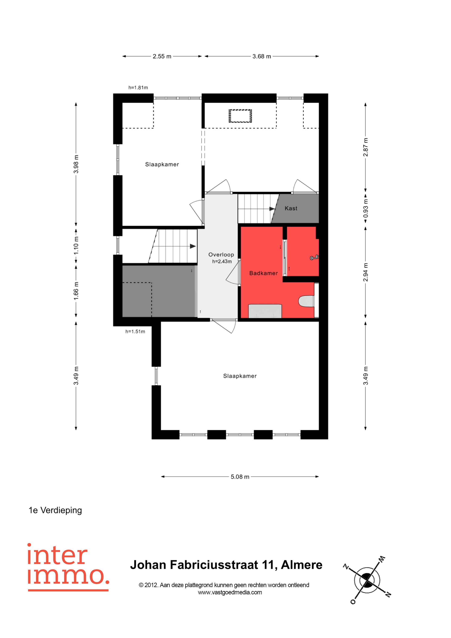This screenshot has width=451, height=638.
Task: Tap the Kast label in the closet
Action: coord(291,208)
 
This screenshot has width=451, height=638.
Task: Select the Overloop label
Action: coord(221,255)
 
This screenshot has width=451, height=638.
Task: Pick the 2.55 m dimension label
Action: coord(162,56)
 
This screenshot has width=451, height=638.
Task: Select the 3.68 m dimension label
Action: coord(261,56)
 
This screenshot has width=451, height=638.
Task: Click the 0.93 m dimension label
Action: coord(366,208)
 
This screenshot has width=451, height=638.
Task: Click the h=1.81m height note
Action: coord(138,88)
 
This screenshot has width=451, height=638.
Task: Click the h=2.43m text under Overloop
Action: coord(222,261)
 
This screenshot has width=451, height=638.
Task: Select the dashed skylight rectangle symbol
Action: coord(240,116)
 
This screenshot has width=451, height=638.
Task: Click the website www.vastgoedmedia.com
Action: coord(230,592)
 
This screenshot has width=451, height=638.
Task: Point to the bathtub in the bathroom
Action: coord(265,311)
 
